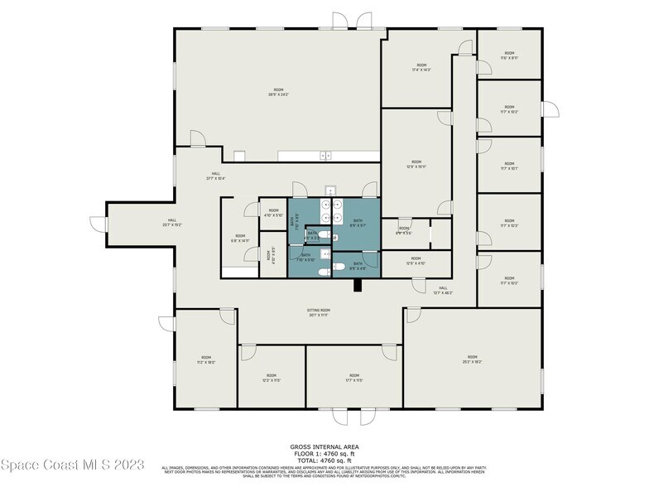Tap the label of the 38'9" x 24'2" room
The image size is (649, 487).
(x=278, y=91)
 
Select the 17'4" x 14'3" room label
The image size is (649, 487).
(x=421, y=67)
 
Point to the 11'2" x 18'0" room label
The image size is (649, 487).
(x=205, y=360)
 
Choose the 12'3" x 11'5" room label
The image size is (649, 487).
(x=272, y=377)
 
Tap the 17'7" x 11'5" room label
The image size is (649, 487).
(x=354, y=377)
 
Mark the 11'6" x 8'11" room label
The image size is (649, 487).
(x=509, y=55)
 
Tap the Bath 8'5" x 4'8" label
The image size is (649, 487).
(x=358, y=267)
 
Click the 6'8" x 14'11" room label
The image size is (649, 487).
(x=240, y=239)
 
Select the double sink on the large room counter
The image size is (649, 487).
(x=326, y=154)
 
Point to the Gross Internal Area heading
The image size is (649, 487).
(x=324, y=445)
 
